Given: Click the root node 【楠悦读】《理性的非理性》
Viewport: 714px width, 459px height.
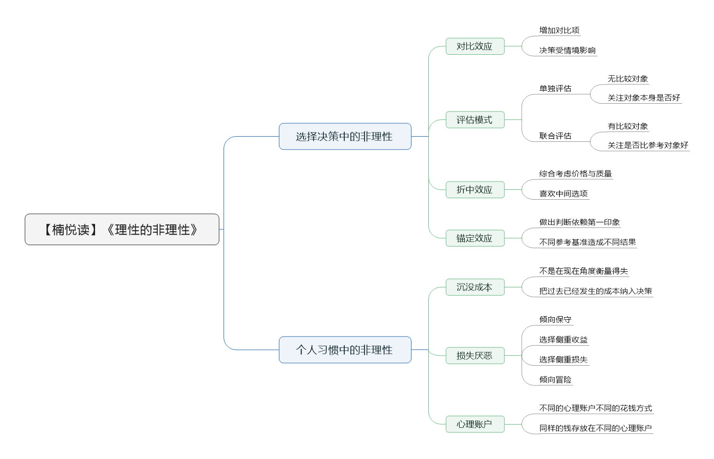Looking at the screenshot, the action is [x=122, y=229].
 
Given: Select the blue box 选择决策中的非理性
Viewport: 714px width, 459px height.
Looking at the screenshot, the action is [x=345, y=136].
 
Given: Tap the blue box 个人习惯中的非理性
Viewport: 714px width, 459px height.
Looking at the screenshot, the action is [x=345, y=349].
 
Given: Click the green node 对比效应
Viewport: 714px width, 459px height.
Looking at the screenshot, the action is [x=475, y=46].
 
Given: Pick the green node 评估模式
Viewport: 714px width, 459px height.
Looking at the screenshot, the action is [x=475, y=119].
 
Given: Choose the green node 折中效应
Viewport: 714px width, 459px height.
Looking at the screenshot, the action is [x=475, y=190].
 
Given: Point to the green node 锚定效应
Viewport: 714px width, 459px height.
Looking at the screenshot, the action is [x=475, y=238].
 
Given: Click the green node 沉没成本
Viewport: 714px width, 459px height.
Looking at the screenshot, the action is [x=475, y=287].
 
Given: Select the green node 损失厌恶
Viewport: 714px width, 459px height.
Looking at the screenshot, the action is [x=475, y=356].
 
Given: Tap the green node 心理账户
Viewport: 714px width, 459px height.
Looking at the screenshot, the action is [x=475, y=424].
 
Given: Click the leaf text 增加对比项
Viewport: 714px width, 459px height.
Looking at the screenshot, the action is [x=559, y=30].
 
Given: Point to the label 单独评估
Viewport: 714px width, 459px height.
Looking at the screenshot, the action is [x=555, y=88].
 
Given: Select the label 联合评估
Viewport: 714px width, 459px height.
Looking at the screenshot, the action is [x=555, y=136].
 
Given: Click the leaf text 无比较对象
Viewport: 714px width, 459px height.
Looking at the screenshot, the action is [x=628, y=79].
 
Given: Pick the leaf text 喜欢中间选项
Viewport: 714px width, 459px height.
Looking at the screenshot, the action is [x=563, y=194].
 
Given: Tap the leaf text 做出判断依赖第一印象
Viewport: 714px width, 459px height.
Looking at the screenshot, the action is [x=579, y=222].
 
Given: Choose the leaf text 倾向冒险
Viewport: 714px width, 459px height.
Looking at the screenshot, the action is [x=555, y=379].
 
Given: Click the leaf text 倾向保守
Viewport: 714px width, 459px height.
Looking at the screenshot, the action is [x=555, y=319].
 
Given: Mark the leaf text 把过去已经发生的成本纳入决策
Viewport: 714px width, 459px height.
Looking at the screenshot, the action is [x=595, y=291].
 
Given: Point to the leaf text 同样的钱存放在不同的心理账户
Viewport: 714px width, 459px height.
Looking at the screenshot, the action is [x=595, y=428].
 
